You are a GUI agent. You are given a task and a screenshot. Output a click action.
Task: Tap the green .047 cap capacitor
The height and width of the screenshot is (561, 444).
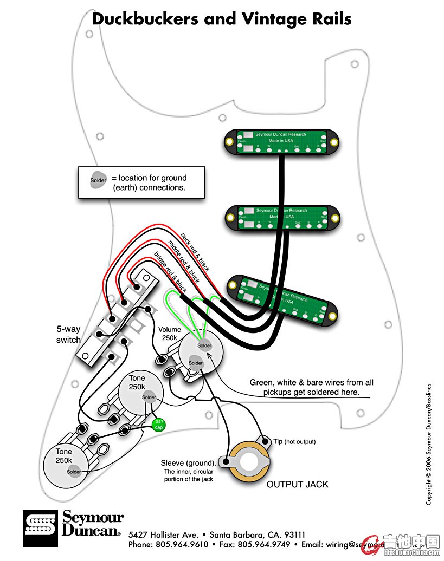[158, 425]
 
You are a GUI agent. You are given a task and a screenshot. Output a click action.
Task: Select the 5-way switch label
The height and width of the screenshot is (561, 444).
[68, 334]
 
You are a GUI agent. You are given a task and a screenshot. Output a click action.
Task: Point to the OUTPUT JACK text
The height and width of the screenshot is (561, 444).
[297, 484]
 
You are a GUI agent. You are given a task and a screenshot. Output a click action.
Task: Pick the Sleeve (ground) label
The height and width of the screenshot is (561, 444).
[188, 463]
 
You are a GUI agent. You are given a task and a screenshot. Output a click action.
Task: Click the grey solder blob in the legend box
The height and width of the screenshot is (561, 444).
[99, 180]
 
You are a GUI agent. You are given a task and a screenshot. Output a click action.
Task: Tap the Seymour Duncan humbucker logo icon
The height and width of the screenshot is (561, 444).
[40, 527]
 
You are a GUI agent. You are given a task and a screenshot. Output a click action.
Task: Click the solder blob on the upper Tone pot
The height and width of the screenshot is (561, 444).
[149, 398]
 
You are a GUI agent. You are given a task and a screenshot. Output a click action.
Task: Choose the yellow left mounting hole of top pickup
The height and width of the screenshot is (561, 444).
[229, 142]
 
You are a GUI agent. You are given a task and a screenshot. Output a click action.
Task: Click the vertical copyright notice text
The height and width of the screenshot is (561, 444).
[428, 444]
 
